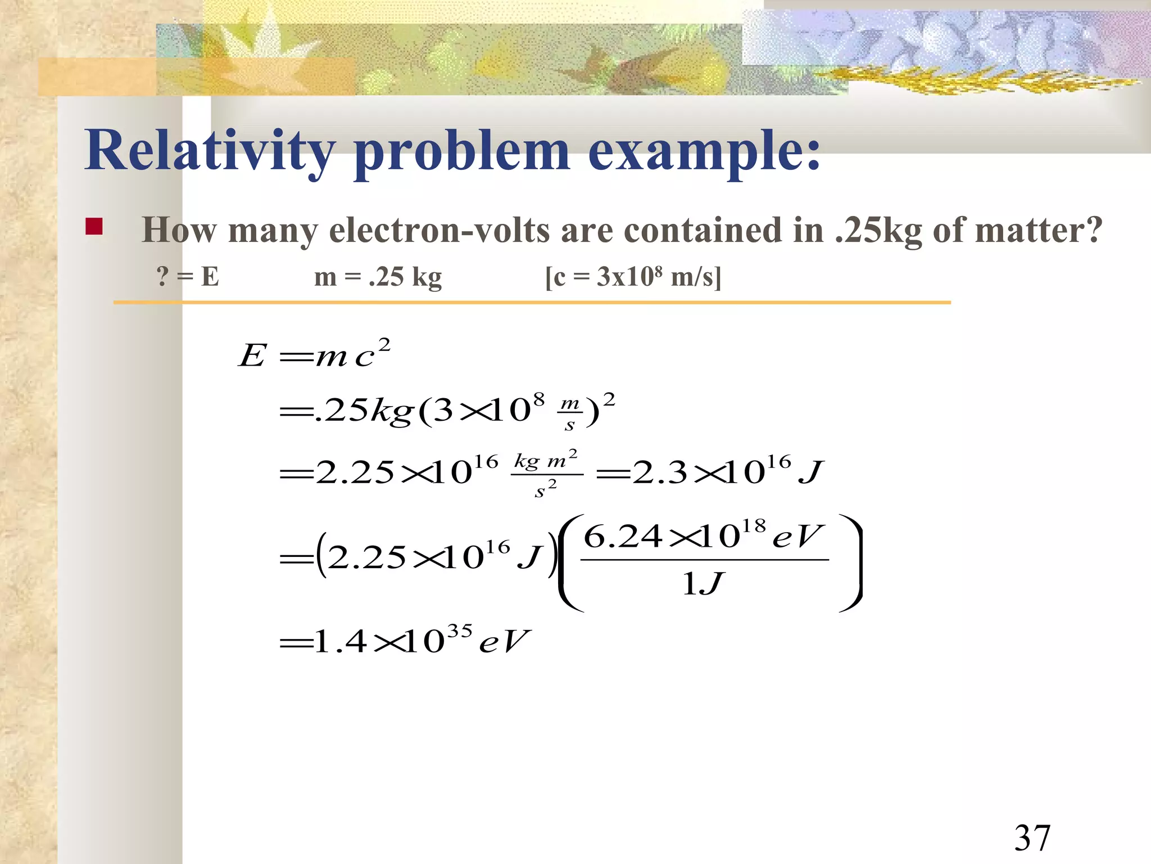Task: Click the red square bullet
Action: click(x=94, y=227)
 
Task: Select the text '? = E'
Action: click(x=188, y=277)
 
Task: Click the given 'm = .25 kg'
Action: click(x=378, y=277)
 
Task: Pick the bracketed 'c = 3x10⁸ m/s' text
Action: click(x=633, y=277)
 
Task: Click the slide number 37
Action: click(x=1032, y=838)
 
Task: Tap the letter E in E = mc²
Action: click(x=252, y=355)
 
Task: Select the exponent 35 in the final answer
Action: click(x=459, y=631)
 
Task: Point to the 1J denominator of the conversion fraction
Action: click(x=703, y=584)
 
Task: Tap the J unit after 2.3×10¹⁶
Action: click(x=811, y=472)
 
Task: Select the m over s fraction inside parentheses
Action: click(x=570, y=413)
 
